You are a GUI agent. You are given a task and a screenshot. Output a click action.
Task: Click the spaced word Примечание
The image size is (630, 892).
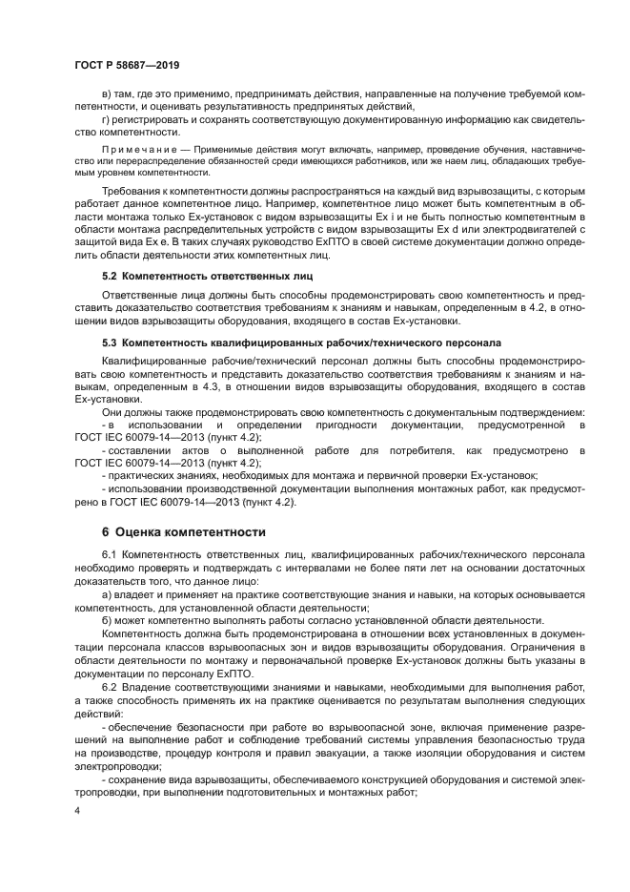click(132, 151)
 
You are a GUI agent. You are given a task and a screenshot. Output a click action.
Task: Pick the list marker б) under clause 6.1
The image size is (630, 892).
click(106, 619)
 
